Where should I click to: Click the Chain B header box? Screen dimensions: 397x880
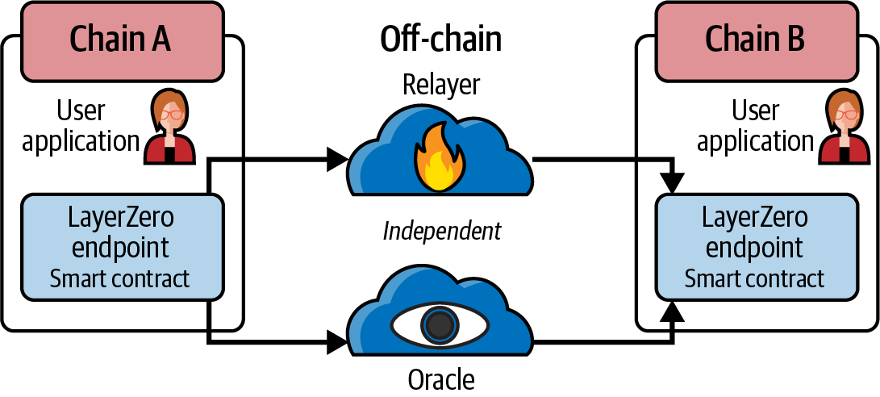755,37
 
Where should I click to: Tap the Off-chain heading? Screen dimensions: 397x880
440,39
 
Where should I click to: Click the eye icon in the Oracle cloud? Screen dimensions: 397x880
440,325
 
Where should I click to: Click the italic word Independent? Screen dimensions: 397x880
441,232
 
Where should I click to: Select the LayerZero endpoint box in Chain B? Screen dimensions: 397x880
755,244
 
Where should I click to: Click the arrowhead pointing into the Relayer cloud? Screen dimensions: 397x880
337,160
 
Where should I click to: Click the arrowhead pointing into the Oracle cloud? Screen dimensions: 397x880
337,343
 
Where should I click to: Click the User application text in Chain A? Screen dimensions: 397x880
81,126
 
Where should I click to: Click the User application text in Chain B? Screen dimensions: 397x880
755,126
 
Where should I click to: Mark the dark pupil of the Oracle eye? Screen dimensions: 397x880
440,326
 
